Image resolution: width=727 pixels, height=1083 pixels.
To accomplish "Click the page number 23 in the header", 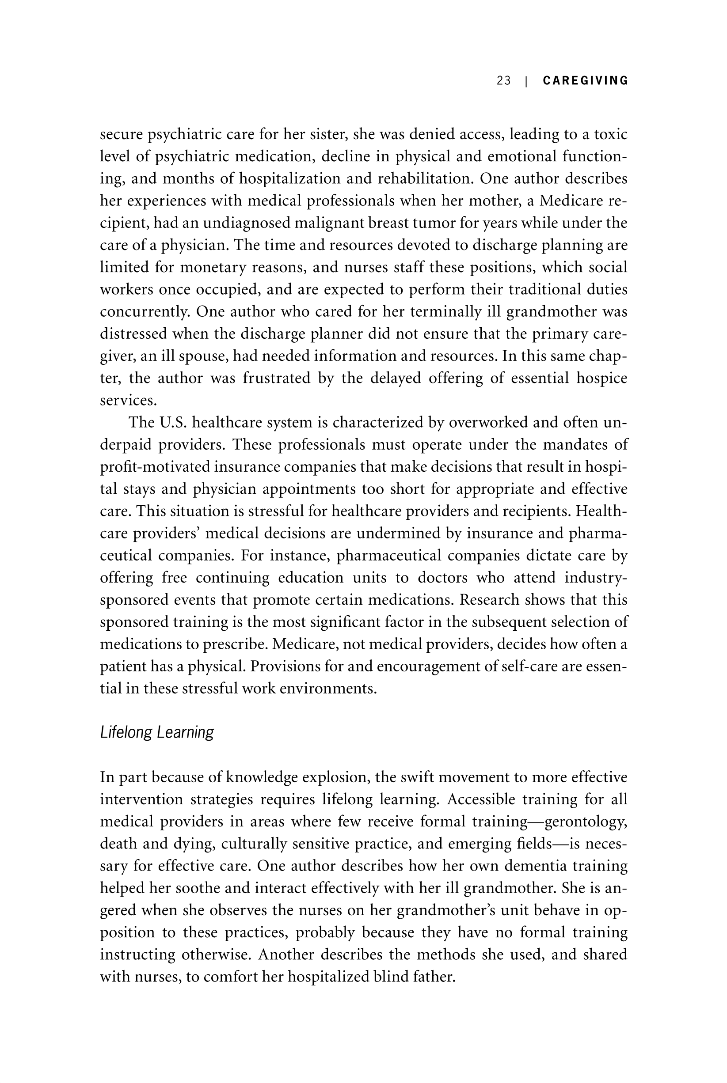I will [503, 81].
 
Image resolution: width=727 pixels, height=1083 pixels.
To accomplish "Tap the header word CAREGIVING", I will [586, 81].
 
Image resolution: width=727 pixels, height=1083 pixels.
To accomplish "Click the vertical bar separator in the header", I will [526, 81].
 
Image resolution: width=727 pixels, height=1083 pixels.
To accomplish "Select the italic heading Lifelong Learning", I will [157, 732].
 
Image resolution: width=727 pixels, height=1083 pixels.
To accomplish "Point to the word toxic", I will [611, 134].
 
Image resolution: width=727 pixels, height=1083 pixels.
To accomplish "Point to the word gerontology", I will [586, 822].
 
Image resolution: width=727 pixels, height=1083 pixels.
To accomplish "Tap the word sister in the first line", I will [331, 134].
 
